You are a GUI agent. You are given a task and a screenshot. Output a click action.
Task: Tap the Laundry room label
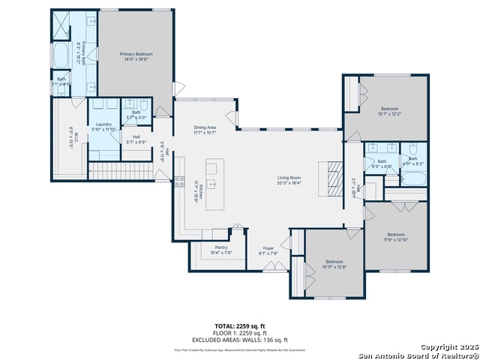pyautogui.click(x=103, y=124)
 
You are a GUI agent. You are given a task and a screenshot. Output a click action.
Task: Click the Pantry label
pyautogui.click(x=221, y=247)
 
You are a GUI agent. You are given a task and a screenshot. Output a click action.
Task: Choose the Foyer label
pyautogui.click(x=268, y=248)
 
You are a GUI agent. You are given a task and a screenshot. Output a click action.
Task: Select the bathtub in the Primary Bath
pyautogui.click(x=61, y=55)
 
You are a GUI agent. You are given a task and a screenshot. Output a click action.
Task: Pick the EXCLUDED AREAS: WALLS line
pyautogui.click(x=240, y=340)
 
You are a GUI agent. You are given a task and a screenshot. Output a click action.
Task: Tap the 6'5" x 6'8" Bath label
pyautogui.click(x=382, y=163)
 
